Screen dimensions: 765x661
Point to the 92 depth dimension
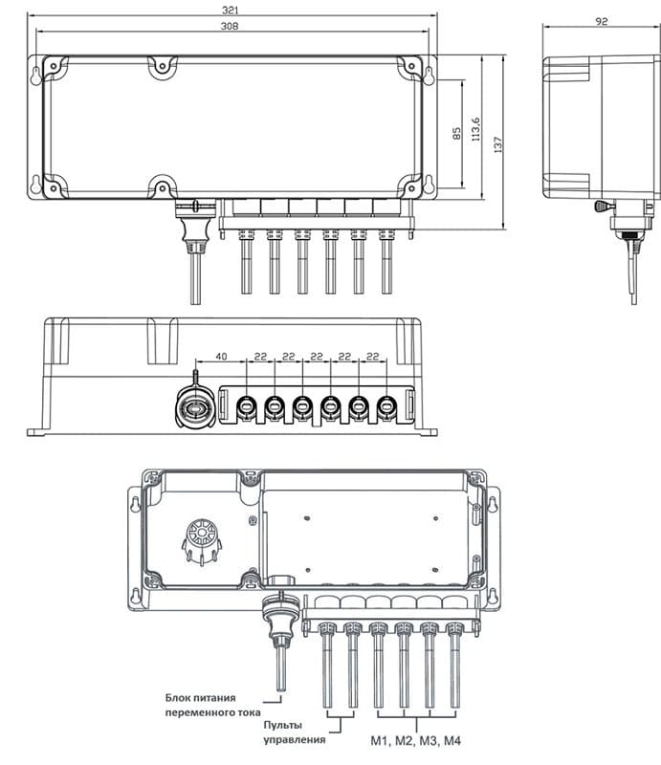601,21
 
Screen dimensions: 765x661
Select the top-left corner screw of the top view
55,66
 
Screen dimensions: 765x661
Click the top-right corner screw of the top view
411,66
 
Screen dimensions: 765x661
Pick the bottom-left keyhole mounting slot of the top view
38,185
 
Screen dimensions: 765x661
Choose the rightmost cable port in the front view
386,407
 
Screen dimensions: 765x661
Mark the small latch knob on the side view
602,206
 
